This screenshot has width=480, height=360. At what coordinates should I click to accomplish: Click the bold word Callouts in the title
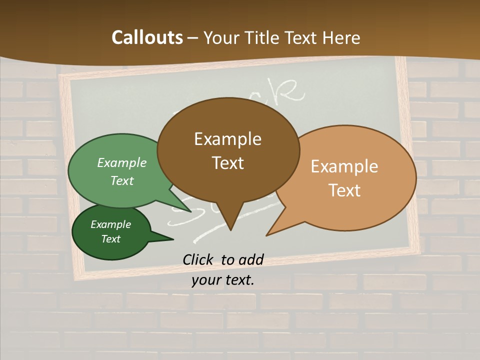tap(147, 37)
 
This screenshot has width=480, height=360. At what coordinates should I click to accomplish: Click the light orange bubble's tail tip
tap(267, 234)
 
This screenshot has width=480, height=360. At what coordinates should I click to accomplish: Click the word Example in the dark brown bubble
tap(227, 139)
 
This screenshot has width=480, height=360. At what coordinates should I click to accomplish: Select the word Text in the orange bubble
tap(345, 190)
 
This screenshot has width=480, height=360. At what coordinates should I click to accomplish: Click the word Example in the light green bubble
tap(122, 162)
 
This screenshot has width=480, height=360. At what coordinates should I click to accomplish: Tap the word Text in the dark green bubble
tap(111, 239)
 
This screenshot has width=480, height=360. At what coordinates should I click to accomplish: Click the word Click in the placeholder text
tap(198, 259)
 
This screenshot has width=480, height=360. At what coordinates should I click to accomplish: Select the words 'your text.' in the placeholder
tap(223, 280)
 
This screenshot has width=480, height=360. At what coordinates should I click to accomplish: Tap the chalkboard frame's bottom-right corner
tap(419, 248)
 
